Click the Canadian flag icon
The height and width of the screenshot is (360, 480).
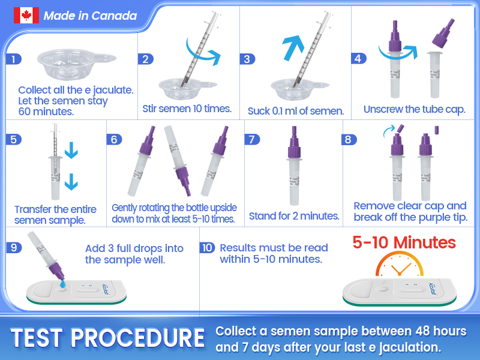[x=26, y=16]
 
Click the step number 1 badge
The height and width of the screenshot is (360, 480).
[x=13, y=59]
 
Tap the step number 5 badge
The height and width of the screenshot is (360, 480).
[x=13, y=139]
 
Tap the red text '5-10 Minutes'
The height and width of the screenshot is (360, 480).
[x=404, y=242]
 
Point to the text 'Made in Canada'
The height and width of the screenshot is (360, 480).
[x=90, y=16]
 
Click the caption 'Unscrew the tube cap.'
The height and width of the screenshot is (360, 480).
[x=414, y=109]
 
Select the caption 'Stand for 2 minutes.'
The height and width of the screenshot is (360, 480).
[x=294, y=216]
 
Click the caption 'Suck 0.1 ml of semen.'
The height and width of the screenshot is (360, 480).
[x=296, y=111]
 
